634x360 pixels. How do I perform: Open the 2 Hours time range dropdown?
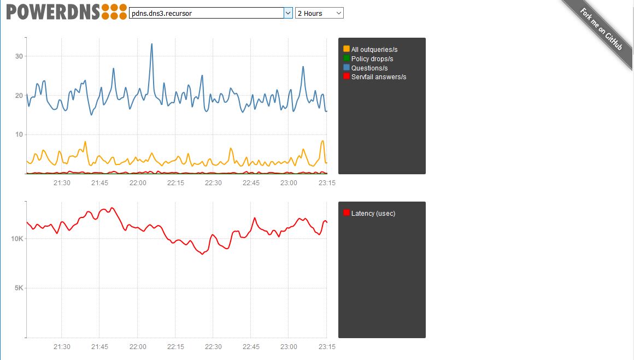pos(319,13)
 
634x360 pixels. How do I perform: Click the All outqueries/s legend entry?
pos(374,50)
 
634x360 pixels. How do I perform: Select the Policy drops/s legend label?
pos(372,59)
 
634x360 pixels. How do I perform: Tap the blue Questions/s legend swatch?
pos(347,68)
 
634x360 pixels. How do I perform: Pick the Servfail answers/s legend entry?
pos(378,77)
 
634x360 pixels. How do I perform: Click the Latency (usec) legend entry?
pos(373,214)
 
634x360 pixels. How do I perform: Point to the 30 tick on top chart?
pos(19,56)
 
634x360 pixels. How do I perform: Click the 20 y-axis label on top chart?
pos(19,96)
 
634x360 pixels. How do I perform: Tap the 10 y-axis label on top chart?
pos(19,135)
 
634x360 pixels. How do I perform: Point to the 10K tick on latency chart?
pos(16,239)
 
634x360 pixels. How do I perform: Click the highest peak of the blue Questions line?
pos(151,44)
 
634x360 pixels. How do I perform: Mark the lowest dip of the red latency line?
pos(202,254)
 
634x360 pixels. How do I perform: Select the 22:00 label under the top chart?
pos(138,183)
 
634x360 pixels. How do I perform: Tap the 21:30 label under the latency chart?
pos(62,347)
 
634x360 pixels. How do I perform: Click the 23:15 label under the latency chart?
pos(327,347)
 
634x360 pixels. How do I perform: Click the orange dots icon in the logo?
pos(114,11)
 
